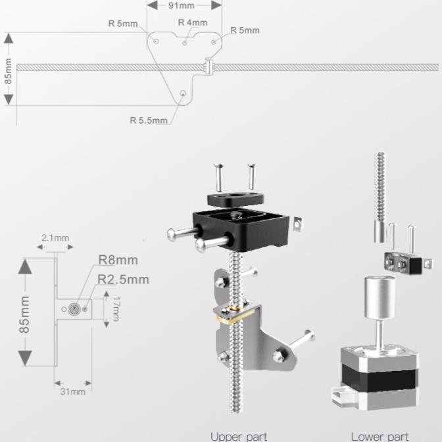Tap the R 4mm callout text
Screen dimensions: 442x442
pyautogui.click(x=192, y=22)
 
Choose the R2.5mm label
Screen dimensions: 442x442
pyautogui.click(x=123, y=279)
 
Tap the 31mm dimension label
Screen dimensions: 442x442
pyautogui.click(x=73, y=392)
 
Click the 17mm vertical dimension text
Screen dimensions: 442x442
pyautogui.click(x=116, y=308)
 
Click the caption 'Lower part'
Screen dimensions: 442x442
pyautogui.click(x=380, y=435)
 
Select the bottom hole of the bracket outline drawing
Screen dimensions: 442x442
pyautogui.click(x=182, y=94)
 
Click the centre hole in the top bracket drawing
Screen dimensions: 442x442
pyautogui.click(x=185, y=43)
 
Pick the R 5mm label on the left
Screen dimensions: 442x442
pyautogui.click(x=123, y=23)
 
